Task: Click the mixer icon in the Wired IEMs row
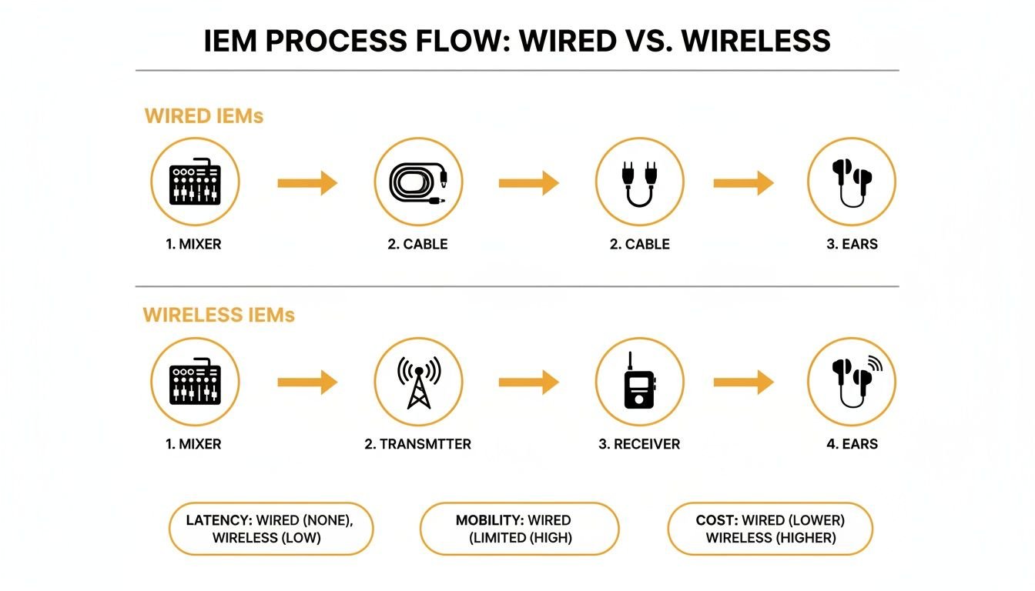click(x=195, y=182)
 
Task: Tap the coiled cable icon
click(x=418, y=182)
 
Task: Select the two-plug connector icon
click(x=639, y=182)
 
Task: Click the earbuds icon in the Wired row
click(x=851, y=182)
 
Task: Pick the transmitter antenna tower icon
click(x=418, y=382)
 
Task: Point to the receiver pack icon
click(x=639, y=382)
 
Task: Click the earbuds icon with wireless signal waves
click(x=851, y=382)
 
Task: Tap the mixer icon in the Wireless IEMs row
click(x=195, y=382)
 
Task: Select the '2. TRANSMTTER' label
click(x=417, y=444)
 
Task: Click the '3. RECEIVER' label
click(x=639, y=444)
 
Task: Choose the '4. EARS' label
click(x=851, y=444)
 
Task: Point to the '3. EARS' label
click(x=851, y=244)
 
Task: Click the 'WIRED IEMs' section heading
click(x=204, y=116)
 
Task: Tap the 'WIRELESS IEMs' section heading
click(x=219, y=316)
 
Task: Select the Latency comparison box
click(x=270, y=529)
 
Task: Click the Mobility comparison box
click(x=519, y=529)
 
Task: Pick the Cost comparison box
click(x=770, y=529)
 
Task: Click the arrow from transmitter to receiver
click(x=528, y=382)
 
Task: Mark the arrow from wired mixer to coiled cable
click(x=307, y=182)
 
